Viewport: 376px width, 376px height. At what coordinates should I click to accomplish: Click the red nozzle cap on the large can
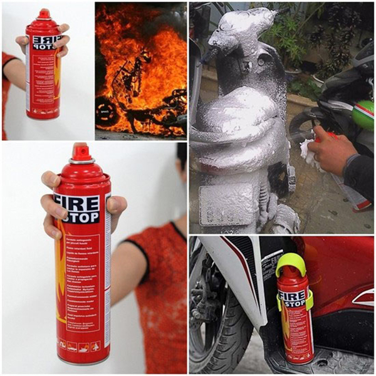tap(80, 152)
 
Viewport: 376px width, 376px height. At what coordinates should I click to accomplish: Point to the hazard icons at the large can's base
tap(78, 345)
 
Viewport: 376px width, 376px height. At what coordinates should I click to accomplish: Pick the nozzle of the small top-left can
tap(44, 13)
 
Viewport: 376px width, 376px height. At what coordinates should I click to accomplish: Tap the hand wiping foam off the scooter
tap(332, 150)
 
